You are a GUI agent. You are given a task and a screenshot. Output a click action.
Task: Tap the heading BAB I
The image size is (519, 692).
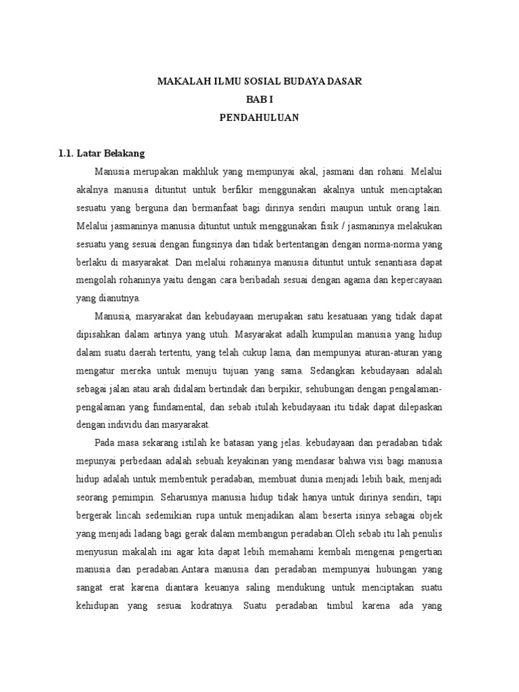(259, 99)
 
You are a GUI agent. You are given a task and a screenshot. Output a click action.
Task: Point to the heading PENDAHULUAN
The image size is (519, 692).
(259, 117)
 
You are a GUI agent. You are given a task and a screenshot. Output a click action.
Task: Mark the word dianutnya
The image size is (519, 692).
(118, 297)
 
